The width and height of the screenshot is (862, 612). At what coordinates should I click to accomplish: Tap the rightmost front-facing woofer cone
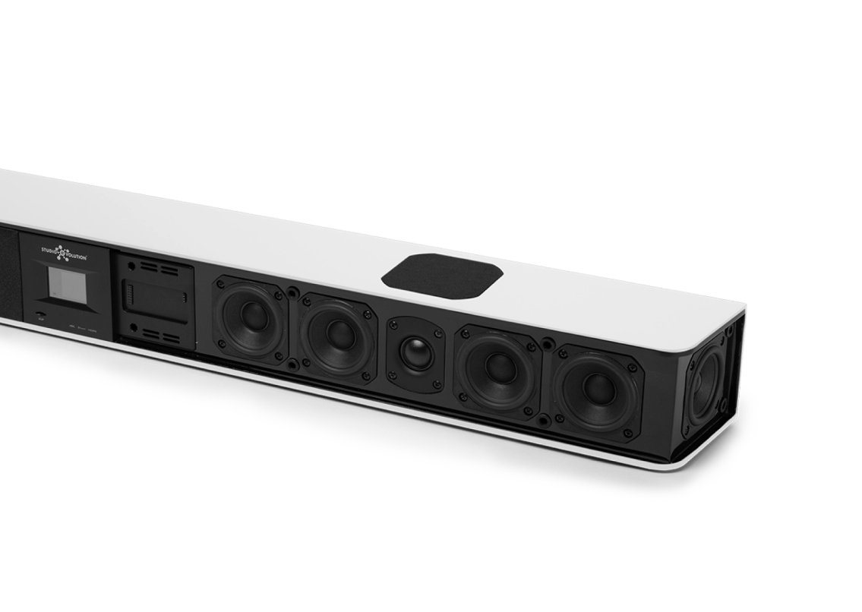coord(598,383)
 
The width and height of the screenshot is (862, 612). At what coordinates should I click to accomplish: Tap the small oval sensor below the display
coord(39,314)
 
